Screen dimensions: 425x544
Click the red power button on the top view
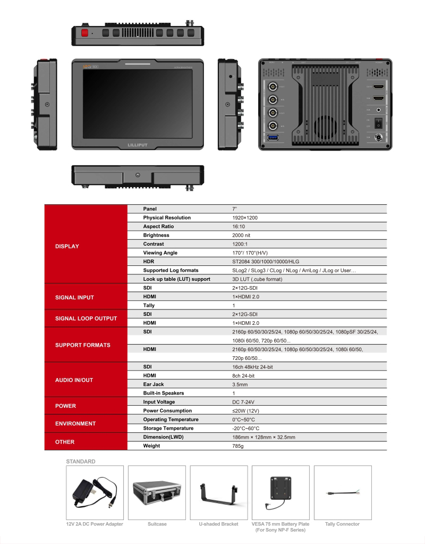pyautogui.click(x=84, y=32)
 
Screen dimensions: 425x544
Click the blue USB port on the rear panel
pyautogui.click(x=273, y=138)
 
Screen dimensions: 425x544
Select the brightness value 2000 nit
pyautogui.click(x=241, y=235)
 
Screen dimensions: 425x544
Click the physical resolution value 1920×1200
pyautogui.click(x=245, y=217)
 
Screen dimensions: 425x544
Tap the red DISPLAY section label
pyautogui.click(x=67, y=246)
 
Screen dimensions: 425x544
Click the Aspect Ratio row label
pyautogui.click(x=158, y=227)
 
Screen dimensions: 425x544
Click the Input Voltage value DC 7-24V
pyautogui.click(x=244, y=402)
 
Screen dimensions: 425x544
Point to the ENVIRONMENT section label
pyautogui.click(x=75, y=424)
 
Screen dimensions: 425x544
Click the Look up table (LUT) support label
pyautogui.click(x=176, y=279)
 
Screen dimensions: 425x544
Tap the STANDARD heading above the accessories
pyautogui.click(x=81, y=462)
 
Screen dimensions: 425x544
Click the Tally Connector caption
pyautogui.click(x=342, y=524)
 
